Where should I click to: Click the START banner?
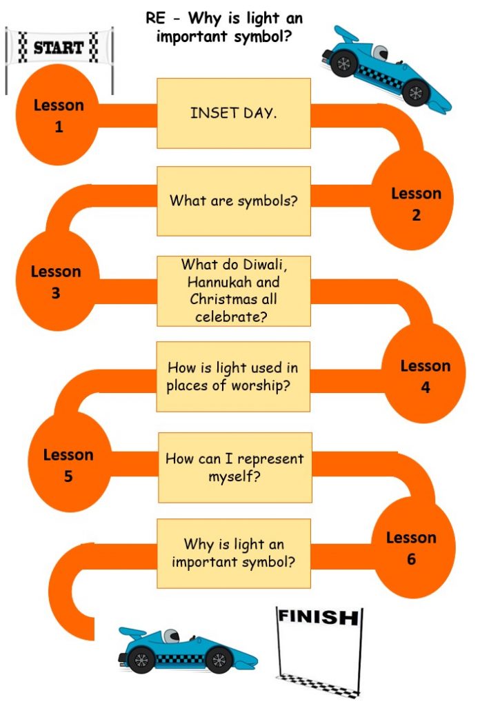click(59, 48)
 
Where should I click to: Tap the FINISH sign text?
click(319, 616)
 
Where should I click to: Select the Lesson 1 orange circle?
click(58, 114)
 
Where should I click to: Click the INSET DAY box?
click(234, 113)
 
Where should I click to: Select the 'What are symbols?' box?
click(234, 201)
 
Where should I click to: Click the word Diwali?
click(265, 264)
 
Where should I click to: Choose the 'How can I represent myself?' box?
click(235, 467)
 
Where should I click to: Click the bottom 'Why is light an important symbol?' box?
click(234, 554)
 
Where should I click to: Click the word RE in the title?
click(156, 18)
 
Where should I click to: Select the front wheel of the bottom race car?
click(219, 660)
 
